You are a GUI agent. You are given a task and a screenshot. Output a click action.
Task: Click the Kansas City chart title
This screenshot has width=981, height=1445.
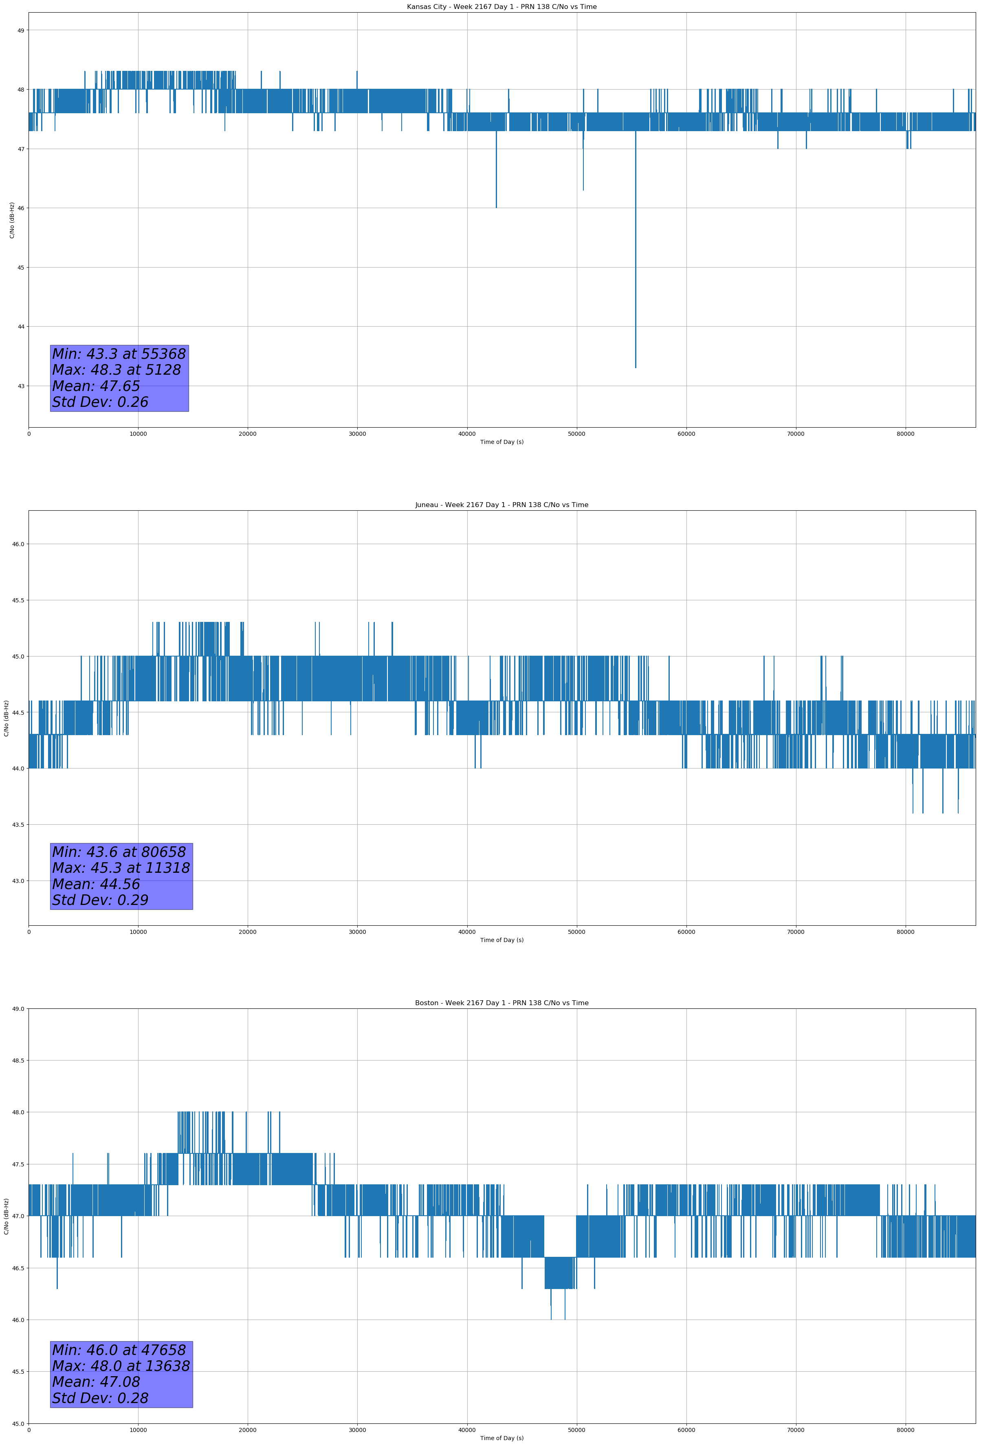click(x=501, y=7)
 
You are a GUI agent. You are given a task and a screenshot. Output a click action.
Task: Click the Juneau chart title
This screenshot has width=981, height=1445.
click(x=501, y=505)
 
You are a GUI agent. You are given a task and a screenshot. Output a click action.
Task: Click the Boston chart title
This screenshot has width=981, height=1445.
click(x=501, y=1003)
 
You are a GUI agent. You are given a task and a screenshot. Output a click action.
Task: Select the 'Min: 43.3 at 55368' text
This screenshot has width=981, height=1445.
click(x=119, y=354)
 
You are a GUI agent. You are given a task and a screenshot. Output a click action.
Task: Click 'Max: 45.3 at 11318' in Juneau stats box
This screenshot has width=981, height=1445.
click(x=121, y=868)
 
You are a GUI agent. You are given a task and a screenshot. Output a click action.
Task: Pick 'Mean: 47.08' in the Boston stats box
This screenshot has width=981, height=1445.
click(x=96, y=1381)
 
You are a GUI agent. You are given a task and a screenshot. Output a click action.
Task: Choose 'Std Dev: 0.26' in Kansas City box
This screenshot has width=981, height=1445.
click(x=100, y=402)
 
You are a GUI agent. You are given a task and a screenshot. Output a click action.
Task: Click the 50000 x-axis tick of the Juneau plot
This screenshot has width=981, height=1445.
click(x=576, y=931)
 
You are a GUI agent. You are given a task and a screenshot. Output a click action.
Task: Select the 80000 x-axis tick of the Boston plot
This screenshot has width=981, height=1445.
click(x=906, y=1430)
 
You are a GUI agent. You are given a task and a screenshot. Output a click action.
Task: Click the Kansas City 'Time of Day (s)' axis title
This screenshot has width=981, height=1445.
click(x=501, y=442)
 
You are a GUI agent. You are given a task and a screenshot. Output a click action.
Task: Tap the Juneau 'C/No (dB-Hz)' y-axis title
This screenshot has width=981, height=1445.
click(x=6, y=718)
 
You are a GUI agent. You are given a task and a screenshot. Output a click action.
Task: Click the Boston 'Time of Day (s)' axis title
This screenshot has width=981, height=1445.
click(x=501, y=1438)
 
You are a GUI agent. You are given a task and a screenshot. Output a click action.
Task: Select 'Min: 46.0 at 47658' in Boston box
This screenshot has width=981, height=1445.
click(x=119, y=1350)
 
